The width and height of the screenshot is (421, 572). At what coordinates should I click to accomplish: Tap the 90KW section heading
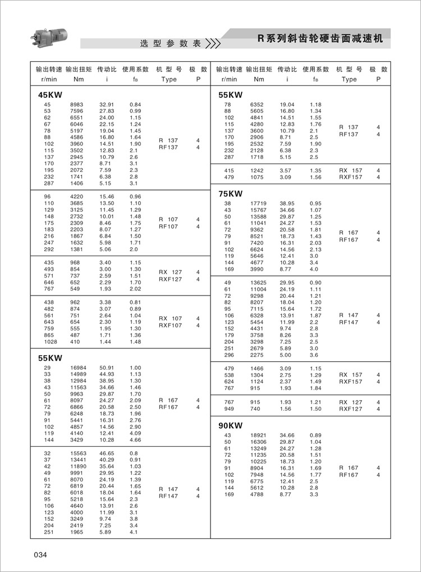click(231, 425)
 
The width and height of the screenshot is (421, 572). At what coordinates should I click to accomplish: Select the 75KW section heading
click(230, 194)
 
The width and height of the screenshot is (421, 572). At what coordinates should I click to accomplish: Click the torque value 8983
click(77, 105)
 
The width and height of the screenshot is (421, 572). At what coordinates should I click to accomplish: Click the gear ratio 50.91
click(107, 367)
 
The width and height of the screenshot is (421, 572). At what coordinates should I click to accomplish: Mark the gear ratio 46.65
click(107, 453)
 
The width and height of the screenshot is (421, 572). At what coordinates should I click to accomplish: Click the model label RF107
click(168, 226)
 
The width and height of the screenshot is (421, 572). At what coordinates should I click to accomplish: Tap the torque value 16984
click(77, 367)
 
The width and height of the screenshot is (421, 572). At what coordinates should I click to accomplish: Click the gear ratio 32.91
click(107, 105)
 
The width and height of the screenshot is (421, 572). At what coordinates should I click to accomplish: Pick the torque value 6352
click(257, 105)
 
